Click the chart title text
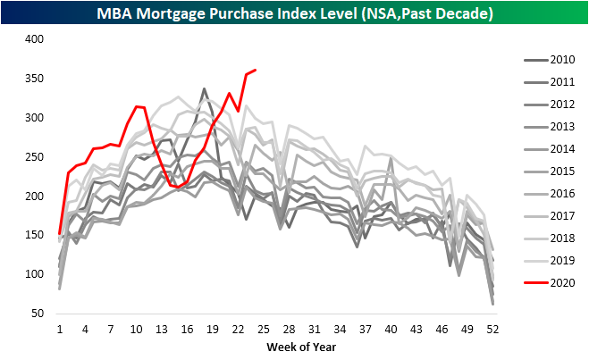point(294,13)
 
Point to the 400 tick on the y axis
point(33,40)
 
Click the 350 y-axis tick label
point(33,80)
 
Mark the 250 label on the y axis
point(33,157)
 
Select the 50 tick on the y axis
point(36,314)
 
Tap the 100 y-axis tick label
point(33,274)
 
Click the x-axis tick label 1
point(60,329)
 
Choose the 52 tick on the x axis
point(492,329)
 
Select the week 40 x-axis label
point(391,329)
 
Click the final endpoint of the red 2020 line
point(256,70)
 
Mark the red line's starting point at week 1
point(60,233)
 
